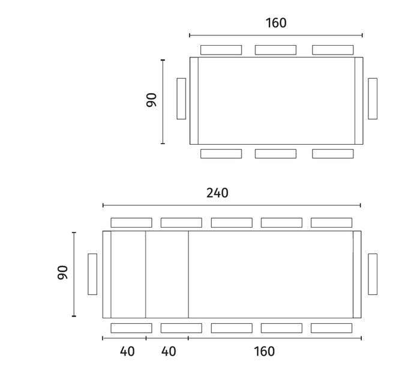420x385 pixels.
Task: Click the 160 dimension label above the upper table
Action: click(x=276, y=23)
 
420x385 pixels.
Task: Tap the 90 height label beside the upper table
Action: click(x=151, y=100)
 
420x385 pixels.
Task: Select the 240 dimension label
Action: click(x=217, y=193)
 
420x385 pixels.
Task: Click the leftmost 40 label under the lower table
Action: click(x=127, y=351)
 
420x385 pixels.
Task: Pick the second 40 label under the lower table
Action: click(x=169, y=351)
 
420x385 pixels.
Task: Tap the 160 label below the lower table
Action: click(x=263, y=351)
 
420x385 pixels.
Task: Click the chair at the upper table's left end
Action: click(x=181, y=99)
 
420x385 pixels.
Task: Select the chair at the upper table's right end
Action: click(x=373, y=99)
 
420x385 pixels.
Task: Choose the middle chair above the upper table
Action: click(x=275, y=50)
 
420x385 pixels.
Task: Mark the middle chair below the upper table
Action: click(x=275, y=154)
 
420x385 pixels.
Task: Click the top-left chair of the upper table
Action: click(x=221, y=50)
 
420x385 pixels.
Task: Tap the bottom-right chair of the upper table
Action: click(x=332, y=154)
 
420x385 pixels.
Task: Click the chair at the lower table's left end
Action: click(x=92, y=274)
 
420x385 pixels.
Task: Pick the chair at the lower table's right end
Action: click(x=373, y=274)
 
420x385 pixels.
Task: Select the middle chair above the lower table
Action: click(x=232, y=223)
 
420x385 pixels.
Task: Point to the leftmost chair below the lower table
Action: click(x=131, y=328)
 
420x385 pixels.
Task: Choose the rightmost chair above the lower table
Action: click(x=332, y=223)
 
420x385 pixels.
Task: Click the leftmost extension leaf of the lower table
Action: click(x=128, y=274)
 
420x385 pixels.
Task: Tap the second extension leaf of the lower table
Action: click(x=167, y=274)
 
